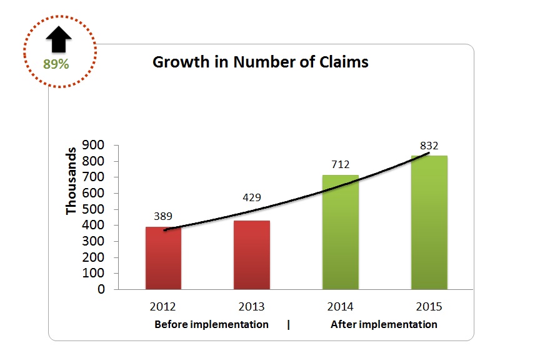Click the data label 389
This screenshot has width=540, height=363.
[163, 216]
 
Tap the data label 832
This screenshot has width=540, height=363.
[429, 146]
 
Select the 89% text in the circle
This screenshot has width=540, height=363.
[56, 64]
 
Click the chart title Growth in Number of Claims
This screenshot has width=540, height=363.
[261, 62]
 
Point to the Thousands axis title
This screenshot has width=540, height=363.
[71, 181]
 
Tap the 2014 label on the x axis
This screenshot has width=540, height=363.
[340, 307]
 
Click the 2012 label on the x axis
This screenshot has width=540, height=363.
[163, 307]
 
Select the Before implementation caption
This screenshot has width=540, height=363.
[211, 325]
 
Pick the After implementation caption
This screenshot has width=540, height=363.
[384, 325]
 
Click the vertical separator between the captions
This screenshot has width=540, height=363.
[288, 325]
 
